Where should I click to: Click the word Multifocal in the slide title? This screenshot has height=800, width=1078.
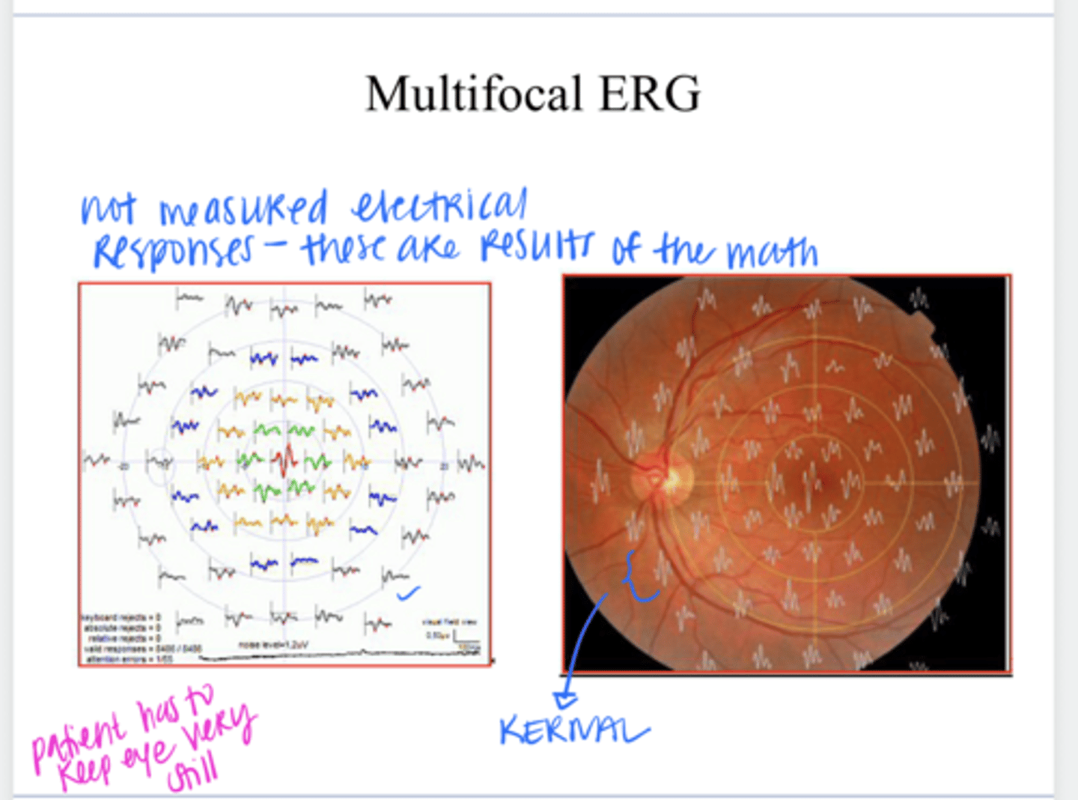474,94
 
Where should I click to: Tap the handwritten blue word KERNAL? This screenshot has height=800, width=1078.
573,730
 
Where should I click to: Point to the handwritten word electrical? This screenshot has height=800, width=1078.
439,207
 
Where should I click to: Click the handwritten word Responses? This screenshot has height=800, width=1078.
173,252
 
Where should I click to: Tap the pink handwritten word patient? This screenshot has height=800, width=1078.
79,737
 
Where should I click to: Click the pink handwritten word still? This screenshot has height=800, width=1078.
193,772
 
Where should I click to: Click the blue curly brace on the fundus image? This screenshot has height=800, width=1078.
638,577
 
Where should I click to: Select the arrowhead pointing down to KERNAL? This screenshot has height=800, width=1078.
566,700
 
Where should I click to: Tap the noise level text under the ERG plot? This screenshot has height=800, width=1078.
273,645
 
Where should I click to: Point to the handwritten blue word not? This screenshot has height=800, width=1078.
109,209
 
